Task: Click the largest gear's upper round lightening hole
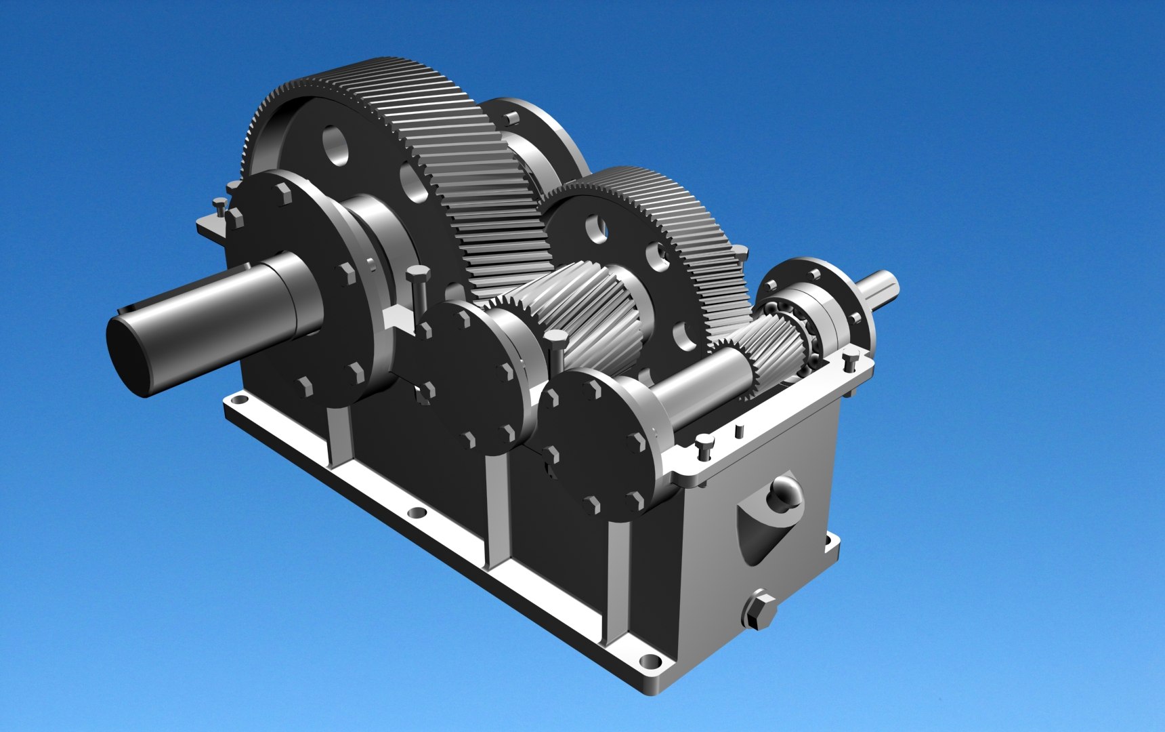tap(335, 145)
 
